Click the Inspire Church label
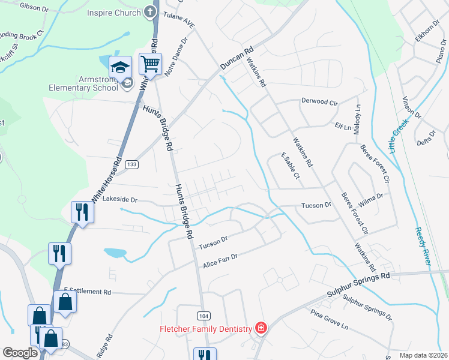(113, 13)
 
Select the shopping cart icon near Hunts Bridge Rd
(150, 63)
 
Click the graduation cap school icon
(121, 66)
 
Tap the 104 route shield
(203, 315)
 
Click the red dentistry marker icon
(261, 328)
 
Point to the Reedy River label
(425, 246)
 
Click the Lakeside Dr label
(120, 199)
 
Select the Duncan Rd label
(237, 58)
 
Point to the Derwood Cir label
(320, 101)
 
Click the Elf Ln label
(343, 127)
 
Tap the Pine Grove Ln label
(329, 320)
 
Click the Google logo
(20, 353)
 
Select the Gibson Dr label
(34, 7)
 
